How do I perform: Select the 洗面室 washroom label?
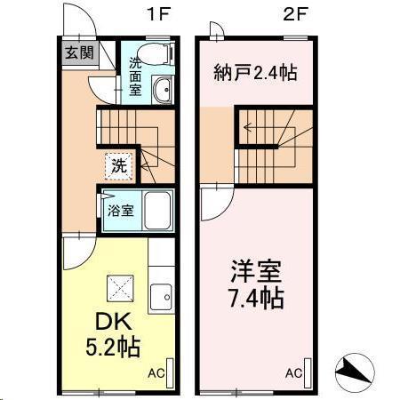click(134, 76)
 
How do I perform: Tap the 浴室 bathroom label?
click(119, 212)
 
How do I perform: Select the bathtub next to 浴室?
click(160, 212)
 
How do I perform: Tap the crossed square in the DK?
click(118, 287)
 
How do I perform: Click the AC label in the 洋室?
click(293, 372)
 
